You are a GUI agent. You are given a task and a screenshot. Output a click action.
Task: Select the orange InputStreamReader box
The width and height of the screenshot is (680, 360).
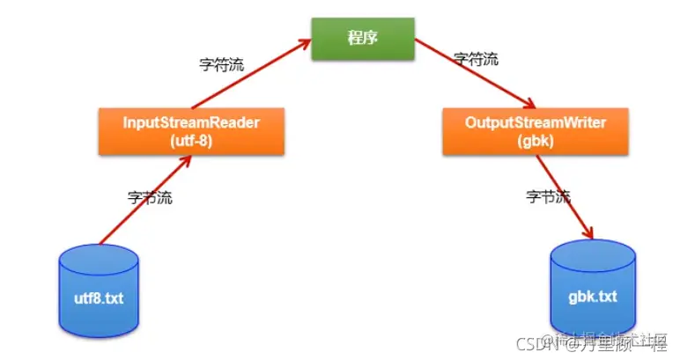pyautogui.click(x=192, y=130)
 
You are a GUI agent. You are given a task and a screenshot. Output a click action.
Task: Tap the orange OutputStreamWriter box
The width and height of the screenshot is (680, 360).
pyautogui.click(x=535, y=130)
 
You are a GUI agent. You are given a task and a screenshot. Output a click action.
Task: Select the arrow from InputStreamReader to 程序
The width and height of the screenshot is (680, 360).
pyautogui.click(x=251, y=79)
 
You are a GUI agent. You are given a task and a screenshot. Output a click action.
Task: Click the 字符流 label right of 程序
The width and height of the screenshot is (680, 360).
pyautogui.click(x=476, y=60)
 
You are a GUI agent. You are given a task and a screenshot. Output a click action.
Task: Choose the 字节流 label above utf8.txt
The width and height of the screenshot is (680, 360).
pyautogui.click(x=150, y=198)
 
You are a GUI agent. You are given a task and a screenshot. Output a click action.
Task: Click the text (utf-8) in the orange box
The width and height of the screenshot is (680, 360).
pyautogui.click(x=192, y=139)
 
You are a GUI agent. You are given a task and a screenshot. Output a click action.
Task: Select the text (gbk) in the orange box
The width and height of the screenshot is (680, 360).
pyautogui.click(x=535, y=139)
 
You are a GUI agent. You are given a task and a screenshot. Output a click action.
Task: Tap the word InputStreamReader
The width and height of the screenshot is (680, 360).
pyautogui.click(x=192, y=122)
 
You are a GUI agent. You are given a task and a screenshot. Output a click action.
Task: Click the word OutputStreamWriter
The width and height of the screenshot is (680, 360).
pyautogui.click(x=535, y=122)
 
